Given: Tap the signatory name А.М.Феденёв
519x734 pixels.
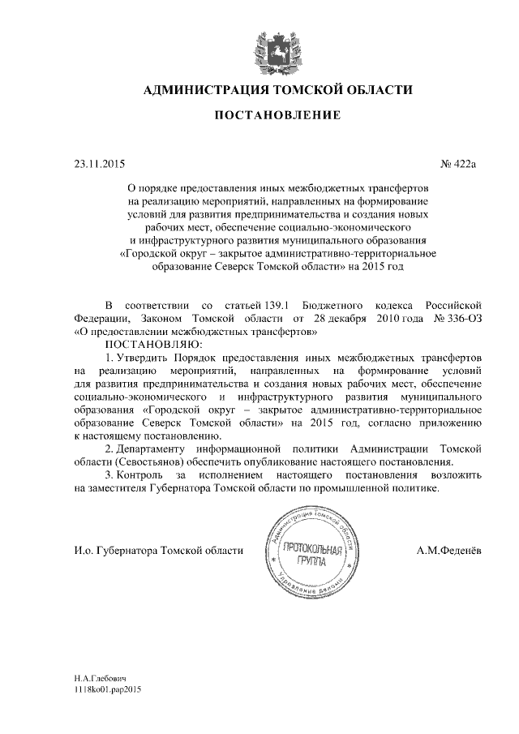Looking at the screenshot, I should click(448, 552).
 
